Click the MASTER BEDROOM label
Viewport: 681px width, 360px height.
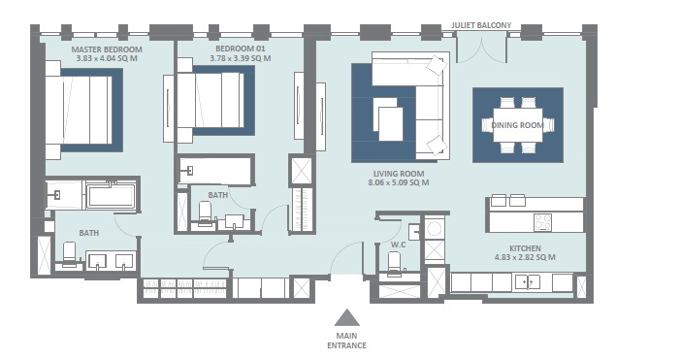pyautogui.click(x=107, y=49)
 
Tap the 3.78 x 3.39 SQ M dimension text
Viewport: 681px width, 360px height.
pyautogui.click(x=241, y=58)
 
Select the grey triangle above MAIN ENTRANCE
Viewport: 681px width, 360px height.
pyautogui.click(x=346, y=316)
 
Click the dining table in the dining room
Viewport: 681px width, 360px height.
pyautogui.click(x=517, y=124)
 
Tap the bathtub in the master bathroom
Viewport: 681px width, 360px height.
pyautogui.click(x=111, y=197)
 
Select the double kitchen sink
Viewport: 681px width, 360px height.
pyautogui.click(x=529, y=281)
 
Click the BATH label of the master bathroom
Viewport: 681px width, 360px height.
pyautogui.click(x=88, y=233)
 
